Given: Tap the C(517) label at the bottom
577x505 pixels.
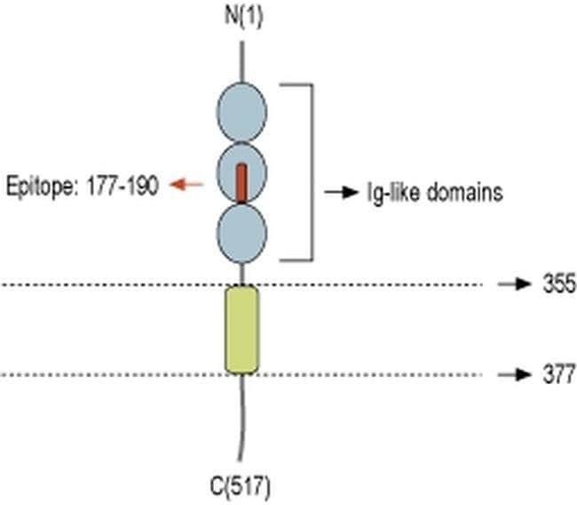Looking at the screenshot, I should pos(240,486).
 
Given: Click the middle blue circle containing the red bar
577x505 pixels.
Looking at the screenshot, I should pos(241,174).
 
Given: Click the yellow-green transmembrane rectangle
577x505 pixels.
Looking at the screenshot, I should pos(241,329).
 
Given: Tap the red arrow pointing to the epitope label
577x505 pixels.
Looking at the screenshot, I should pos(186,184).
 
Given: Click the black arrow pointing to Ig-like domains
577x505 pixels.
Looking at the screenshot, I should pos(338,191).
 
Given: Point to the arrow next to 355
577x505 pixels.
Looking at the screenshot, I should pos(512,285).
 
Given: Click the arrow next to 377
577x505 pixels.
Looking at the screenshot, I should pos(512,375).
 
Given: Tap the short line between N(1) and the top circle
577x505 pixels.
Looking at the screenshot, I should pos(241,68).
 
